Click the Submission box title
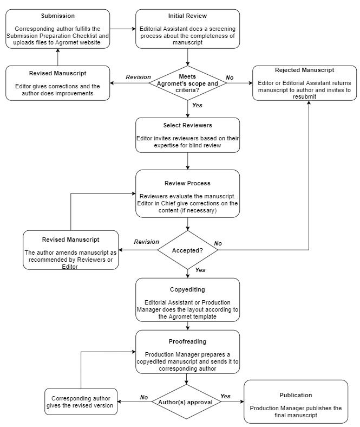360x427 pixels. pyautogui.click(x=58, y=16)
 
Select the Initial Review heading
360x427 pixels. pyautogui.click(x=187, y=16)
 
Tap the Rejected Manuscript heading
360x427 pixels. pyautogui.click(x=304, y=70)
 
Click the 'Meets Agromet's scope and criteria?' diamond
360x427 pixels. pyautogui.click(x=187, y=83)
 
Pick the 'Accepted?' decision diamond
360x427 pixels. pyautogui.click(x=187, y=250)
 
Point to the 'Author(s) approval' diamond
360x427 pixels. pyautogui.click(x=186, y=402)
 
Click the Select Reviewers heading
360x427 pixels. pyautogui.click(x=187, y=125)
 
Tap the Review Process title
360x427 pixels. pyautogui.click(x=187, y=183)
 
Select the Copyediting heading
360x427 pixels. pyautogui.click(x=187, y=289)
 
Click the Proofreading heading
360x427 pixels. pyautogui.click(x=187, y=341)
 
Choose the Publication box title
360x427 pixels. pyautogui.click(x=296, y=395)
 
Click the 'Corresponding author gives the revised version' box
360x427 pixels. pyautogui.click(x=81, y=402)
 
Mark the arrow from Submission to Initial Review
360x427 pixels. pyautogui.click(x=123, y=29)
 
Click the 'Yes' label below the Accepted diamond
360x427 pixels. pyautogui.click(x=200, y=270)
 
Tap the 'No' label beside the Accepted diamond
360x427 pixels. pyautogui.click(x=218, y=243)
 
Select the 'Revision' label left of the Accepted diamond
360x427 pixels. pyautogui.click(x=146, y=242)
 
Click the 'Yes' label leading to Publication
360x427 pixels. pyautogui.click(x=225, y=396)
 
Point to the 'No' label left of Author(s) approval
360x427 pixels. pyautogui.click(x=144, y=397)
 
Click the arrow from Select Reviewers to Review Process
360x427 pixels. pyautogui.click(x=187, y=161)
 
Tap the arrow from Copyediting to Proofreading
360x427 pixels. pyautogui.click(x=187, y=326)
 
